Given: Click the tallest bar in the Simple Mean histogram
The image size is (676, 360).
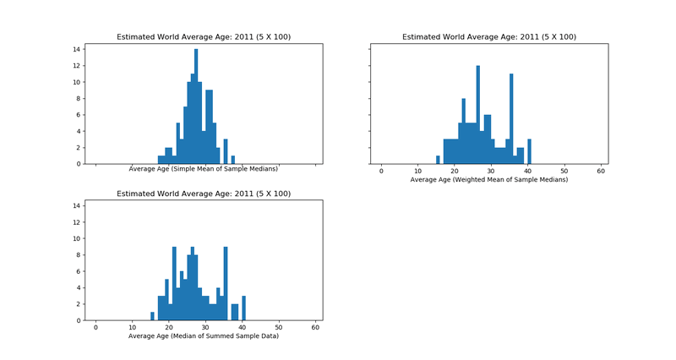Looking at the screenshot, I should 196,106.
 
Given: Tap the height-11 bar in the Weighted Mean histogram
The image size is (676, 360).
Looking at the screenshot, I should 511,118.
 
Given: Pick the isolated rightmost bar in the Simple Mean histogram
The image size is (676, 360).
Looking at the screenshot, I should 232,160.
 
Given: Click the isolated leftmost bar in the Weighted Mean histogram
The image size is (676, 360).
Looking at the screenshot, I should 438,160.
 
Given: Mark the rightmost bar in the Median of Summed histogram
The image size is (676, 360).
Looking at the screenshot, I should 243,308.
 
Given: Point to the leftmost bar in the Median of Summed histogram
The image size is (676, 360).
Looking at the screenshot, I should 152,317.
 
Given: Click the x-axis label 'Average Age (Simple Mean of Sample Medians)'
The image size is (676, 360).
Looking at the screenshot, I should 203,169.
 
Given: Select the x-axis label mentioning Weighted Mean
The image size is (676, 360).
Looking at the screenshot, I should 488,180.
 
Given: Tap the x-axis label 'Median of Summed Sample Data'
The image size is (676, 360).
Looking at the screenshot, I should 203,336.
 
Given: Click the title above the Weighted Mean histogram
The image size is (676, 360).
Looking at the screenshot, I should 488,37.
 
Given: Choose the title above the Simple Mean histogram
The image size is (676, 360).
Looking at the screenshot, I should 203,37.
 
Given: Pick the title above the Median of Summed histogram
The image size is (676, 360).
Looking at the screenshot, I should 203,194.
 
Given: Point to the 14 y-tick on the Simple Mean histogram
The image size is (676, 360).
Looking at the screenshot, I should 76,49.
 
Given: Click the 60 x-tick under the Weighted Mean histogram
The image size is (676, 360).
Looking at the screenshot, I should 601,172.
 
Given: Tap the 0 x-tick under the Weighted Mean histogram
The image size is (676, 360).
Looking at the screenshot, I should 381,172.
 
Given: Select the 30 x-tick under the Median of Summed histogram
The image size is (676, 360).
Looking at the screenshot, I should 205,328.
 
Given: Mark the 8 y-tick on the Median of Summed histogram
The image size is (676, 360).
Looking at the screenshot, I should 78,255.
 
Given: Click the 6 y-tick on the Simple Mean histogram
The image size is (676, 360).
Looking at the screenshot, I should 78,115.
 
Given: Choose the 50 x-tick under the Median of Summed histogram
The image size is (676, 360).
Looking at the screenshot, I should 279,328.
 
